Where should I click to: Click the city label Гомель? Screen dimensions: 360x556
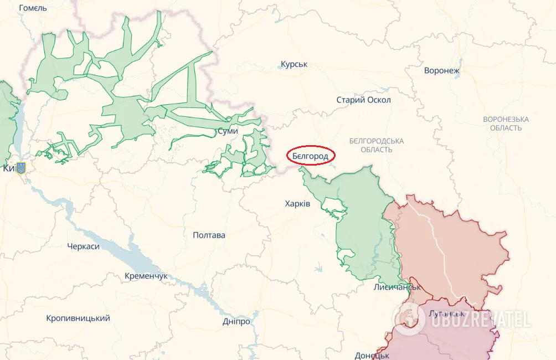33,8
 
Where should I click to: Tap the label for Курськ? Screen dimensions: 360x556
294,64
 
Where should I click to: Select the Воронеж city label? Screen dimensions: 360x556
442,70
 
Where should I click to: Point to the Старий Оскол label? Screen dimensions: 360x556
363,100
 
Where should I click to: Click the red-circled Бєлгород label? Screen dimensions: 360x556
311,156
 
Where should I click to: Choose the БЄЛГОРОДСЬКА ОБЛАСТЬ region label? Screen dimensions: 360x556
377,145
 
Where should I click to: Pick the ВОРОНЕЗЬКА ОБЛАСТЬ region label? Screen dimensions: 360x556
505,124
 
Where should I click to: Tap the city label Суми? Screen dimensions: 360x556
228,131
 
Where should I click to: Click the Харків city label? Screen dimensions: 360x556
298,204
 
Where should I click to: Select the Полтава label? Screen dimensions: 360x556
209,235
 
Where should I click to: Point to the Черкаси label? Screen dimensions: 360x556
83,246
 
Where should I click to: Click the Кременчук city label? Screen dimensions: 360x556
146,276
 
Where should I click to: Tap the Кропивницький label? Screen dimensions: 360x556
78,318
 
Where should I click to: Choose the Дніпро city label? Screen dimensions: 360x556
236,321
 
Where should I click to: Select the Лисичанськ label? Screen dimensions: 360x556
397,287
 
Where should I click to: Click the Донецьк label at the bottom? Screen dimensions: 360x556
372,355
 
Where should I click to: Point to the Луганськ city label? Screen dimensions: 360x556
447,313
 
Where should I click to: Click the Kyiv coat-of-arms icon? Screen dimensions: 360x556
21,167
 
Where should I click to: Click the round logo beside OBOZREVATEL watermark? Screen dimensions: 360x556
409,319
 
